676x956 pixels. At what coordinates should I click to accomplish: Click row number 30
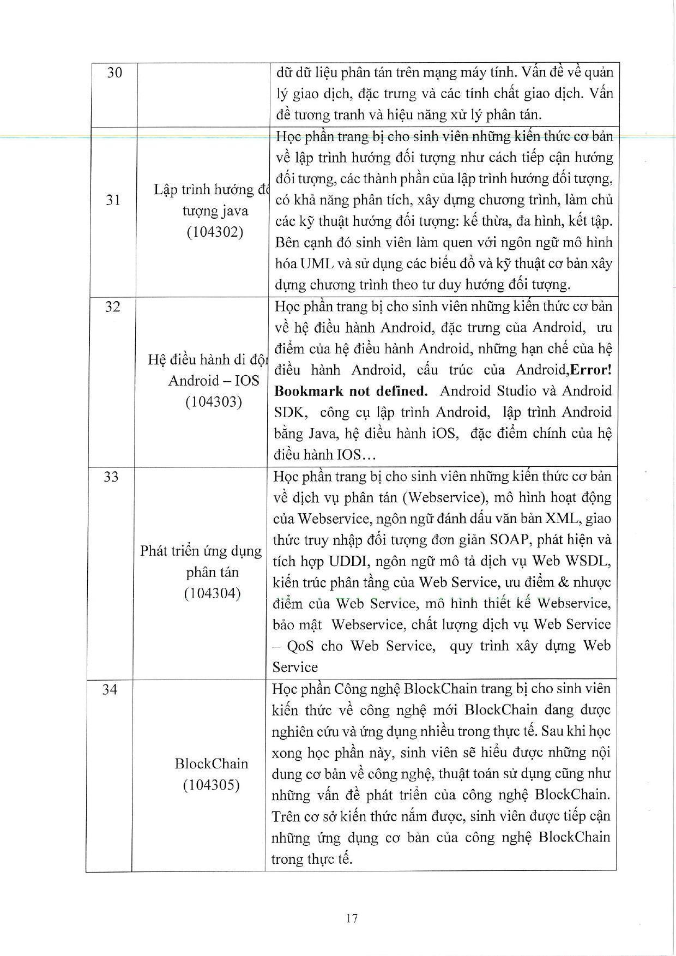(114, 73)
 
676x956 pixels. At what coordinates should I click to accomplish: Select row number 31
(113, 200)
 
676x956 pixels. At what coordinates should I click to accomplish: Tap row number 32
(112, 306)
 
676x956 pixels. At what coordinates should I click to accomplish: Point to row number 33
(111, 477)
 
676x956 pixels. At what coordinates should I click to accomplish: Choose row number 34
(110, 690)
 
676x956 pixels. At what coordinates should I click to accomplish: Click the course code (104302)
(215, 232)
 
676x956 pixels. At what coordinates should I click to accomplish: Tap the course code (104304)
(213, 593)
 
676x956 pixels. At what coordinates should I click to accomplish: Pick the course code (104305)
(212, 785)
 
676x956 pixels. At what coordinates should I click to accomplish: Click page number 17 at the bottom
(352, 918)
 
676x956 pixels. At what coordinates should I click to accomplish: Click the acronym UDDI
(348, 561)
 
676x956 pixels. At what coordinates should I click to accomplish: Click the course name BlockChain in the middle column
(212, 763)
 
